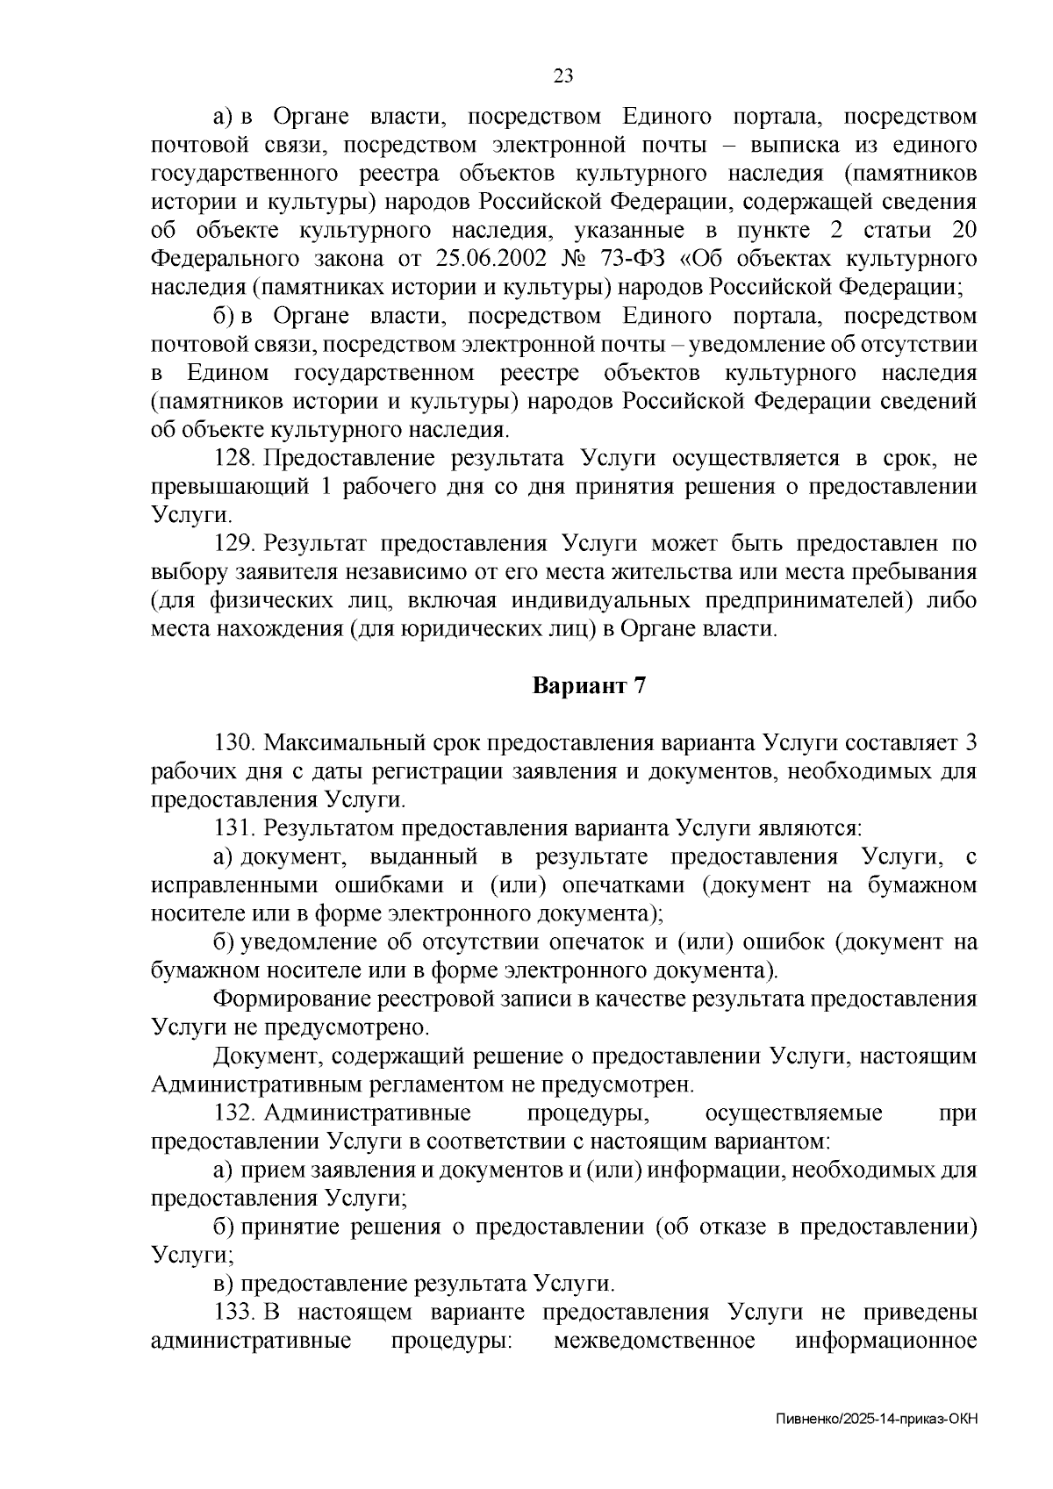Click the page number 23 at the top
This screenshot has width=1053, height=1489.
(x=562, y=76)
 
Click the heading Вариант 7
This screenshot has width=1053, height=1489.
(x=590, y=686)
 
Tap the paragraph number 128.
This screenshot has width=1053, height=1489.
(x=234, y=459)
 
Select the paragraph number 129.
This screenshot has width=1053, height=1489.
(x=234, y=544)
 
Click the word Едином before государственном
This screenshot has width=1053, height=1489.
(x=227, y=374)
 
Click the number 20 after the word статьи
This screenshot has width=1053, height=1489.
(x=963, y=231)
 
